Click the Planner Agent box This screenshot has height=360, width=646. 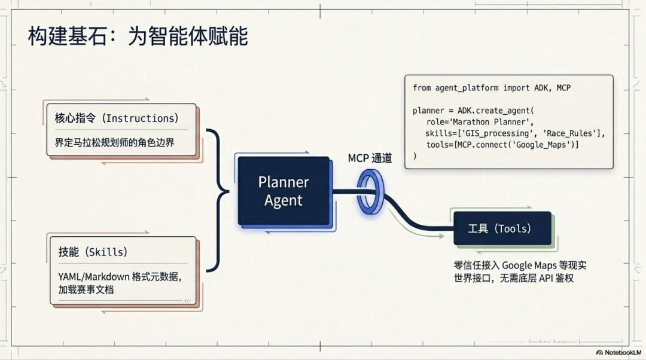pyautogui.click(x=284, y=191)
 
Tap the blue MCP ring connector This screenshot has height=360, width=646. pyautogui.click(x=370, y=191)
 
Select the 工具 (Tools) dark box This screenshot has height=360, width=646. pyautogui.click(x=501, y=228)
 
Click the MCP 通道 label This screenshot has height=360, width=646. pyautogui.click(x=370, y=158)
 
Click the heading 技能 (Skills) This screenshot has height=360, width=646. pyautogui.click(x=93, y=252)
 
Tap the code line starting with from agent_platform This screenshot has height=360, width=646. pyautogui.click(x=491, y=88)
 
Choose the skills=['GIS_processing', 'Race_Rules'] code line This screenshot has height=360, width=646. pyautogui.click(x=515, y=133)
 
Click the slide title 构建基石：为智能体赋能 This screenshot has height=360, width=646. pyautogui.click(x=138, y=37)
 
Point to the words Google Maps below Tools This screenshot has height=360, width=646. pyautogui.click(x=529, y=265)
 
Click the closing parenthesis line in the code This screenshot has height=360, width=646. pyautogui.click(x=415, y=156)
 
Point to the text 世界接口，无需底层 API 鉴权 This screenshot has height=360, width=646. pyautogui.click(x=513, y=278)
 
